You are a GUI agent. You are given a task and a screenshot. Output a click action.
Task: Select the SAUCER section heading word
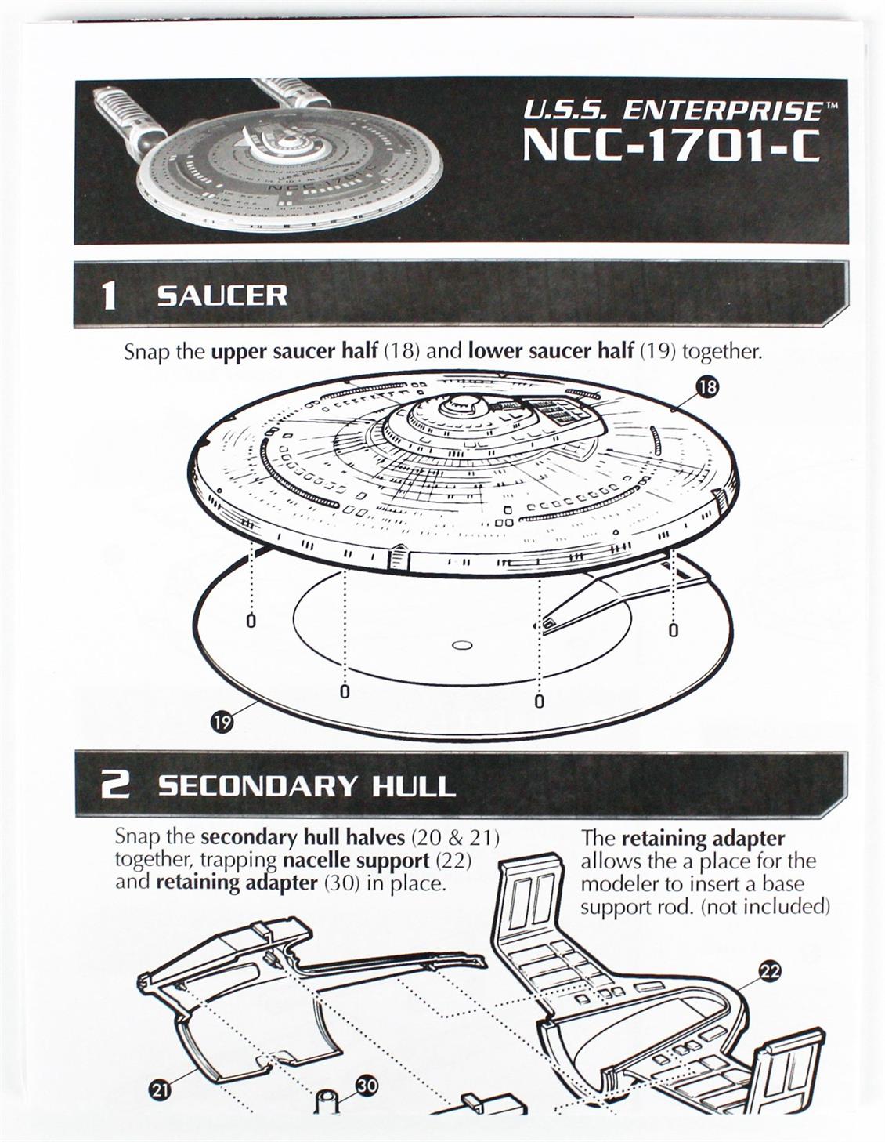[x=222, y=295]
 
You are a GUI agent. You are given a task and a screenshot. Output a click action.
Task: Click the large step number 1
[x=109, y=295]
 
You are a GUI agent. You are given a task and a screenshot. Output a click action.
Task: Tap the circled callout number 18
[x=707, y=387]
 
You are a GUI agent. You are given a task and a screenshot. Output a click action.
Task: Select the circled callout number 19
[x=222, y=723]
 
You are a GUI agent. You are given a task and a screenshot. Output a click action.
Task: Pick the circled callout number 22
[x=770, y=972]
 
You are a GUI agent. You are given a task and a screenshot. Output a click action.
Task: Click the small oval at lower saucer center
[x=461, y=645]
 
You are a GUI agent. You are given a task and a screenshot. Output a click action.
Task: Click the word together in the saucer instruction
[x=722, y=351]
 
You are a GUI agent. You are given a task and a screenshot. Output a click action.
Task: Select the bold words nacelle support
[x=356, y=861]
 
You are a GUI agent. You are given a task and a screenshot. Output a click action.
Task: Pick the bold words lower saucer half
[x=551, y=351]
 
